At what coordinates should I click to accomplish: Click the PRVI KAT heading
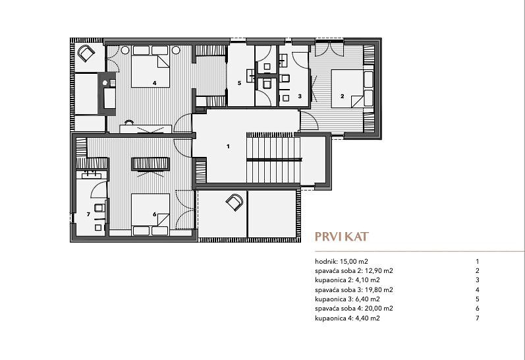[x=341, y=237]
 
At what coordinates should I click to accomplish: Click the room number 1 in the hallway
[x=228, y=146]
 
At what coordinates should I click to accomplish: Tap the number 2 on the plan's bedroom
[x=342, y=96]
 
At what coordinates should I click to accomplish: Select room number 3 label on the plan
[x=300, y=96]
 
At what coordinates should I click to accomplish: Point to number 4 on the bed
[x=154, y=83]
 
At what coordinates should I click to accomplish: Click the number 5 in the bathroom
[x=239, y=83]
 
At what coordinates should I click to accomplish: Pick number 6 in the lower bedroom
[x=154, y=214]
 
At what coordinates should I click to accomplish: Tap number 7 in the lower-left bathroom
[x=88, y=214]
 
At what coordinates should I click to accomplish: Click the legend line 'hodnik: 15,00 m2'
[x=341, y=262]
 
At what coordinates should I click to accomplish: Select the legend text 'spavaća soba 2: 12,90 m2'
[x=354, y=271]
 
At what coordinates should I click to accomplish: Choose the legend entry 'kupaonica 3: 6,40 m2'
[x=348, y=299]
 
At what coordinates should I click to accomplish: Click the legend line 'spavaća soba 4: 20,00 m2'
[x=354, y=309]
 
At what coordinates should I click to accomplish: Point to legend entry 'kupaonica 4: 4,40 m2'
[x=348, y=318]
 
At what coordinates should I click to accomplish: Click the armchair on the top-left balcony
[x=86, y=53]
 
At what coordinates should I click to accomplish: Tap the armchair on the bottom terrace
[x=235, y=202]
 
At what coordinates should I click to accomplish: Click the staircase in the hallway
[x=273, y=158]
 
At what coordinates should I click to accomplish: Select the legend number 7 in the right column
[x=478, y=318]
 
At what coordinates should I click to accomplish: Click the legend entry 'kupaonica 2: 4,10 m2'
[x=348, y=280]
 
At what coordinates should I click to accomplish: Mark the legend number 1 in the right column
[x=478, y=262]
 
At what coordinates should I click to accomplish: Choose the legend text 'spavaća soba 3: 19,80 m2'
[x=354, y=289]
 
